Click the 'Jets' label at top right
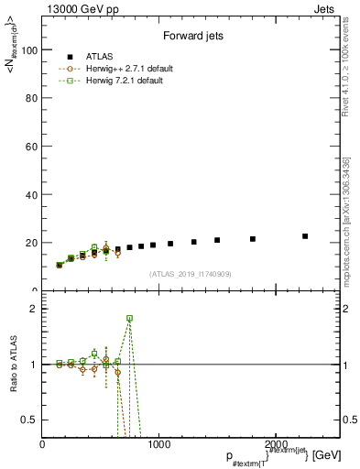click(x=326, y=8)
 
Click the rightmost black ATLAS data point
click(x=305, y=236)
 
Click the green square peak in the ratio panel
click(x=129, y=318)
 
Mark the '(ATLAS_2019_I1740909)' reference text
click(x=190, y=274)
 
